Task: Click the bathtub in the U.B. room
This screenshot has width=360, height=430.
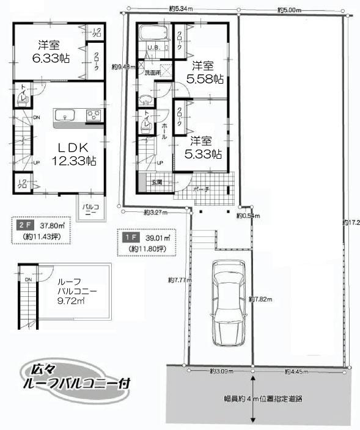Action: pos(156,33)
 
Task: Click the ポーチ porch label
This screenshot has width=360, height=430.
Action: pos(203,190)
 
